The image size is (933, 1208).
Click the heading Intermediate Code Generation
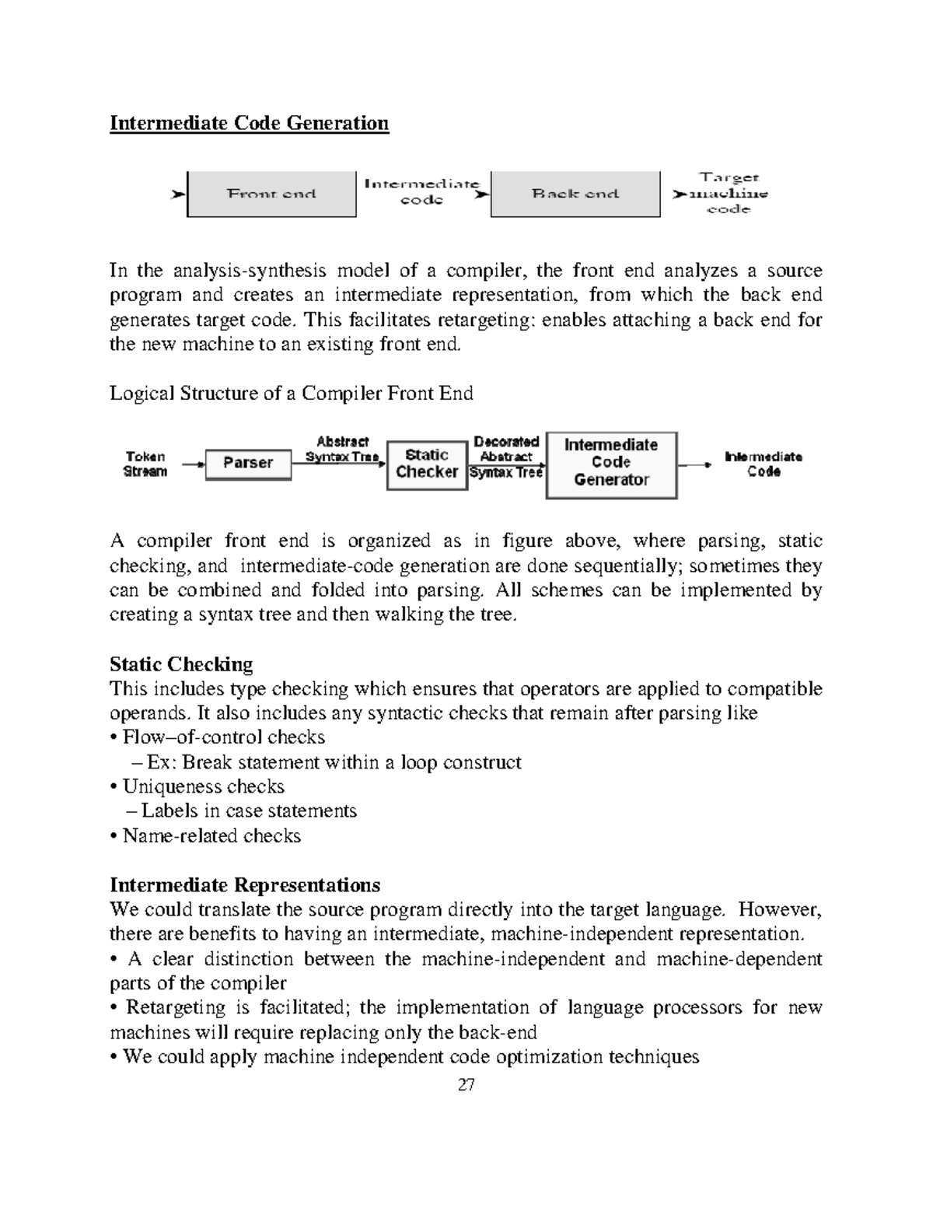tap(249, 123)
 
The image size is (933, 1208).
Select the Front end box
tap(271, 194)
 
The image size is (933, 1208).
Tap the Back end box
tap(575, 194)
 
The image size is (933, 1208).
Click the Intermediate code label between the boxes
tap(421, 191)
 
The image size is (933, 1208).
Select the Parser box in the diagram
tap(248, 464)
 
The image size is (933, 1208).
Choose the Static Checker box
tap(427, 464)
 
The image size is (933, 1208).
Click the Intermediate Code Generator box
tap(611, 464)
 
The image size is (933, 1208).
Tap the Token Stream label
tap(145, 464)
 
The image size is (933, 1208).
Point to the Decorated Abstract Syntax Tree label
tap(506, 457)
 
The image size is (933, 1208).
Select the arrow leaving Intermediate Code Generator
tap(694, 464)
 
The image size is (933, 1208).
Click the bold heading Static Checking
tap(181, 664)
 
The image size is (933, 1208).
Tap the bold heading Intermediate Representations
tap(245, 885)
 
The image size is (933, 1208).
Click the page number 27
tap(466, 1084)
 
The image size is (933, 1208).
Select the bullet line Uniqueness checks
tap(198, 786)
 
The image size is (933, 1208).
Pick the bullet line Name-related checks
tap(206, 836)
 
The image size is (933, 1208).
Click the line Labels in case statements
tap(242, 811)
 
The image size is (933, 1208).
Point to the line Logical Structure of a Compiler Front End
tap(292, 394)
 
